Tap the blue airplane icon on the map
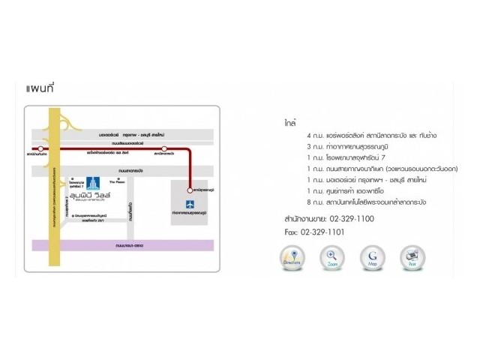click(x=189, y=203)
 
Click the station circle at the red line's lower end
click(x=190, y=190)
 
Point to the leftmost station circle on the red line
click(x=37, y=150)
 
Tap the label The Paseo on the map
click(x=116, y=181)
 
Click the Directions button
click(x=292, y=258)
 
